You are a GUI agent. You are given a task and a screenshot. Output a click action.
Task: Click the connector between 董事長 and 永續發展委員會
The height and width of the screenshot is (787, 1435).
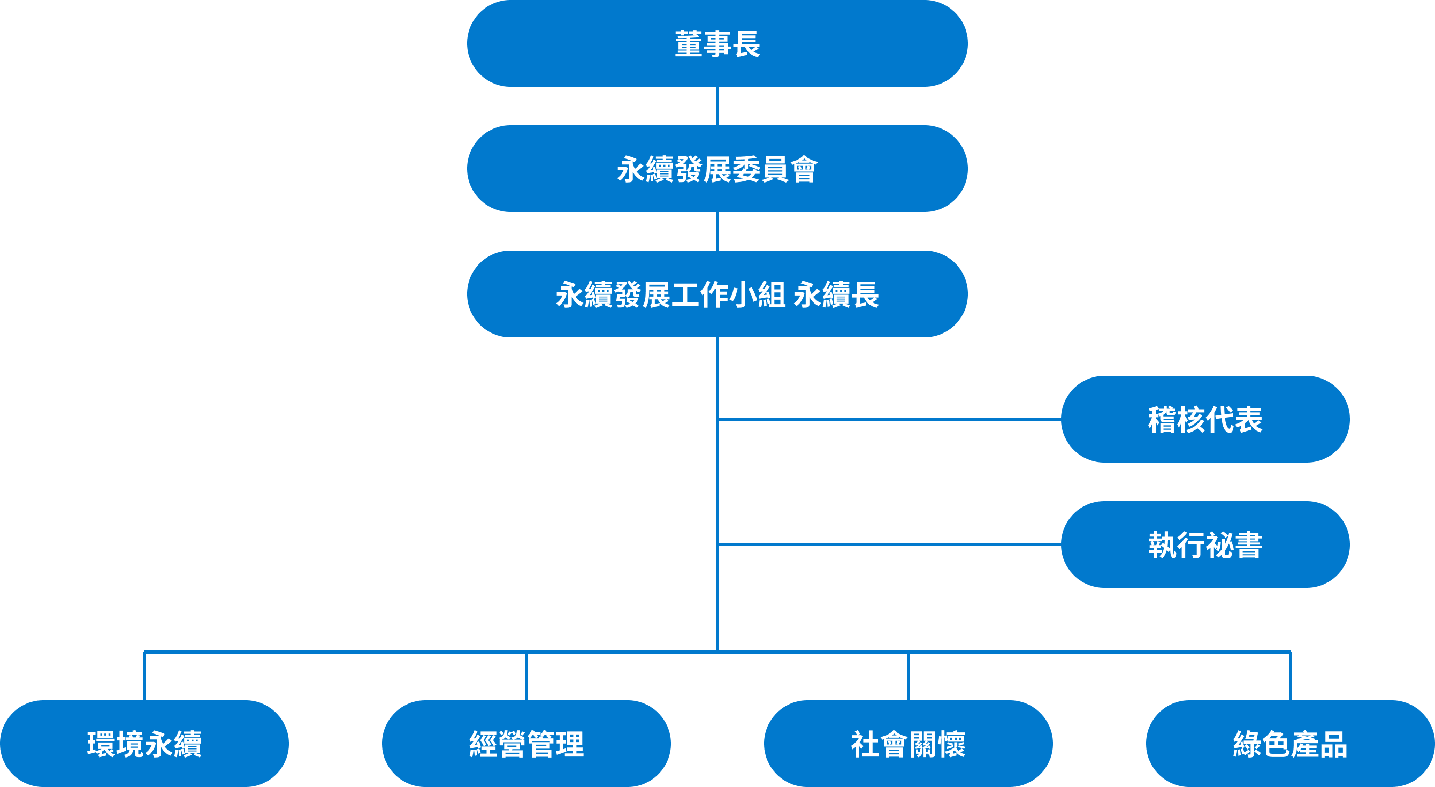point(717,106)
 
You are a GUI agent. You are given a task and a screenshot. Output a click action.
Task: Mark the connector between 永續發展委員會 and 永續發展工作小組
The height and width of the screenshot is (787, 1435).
point(717,231)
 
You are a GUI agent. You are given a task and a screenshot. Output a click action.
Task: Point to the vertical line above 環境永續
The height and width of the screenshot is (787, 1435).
point(144,676)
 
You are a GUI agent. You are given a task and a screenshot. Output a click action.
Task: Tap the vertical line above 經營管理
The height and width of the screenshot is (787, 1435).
point(526,676)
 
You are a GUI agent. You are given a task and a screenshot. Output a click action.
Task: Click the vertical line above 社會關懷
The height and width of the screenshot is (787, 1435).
point(908,676)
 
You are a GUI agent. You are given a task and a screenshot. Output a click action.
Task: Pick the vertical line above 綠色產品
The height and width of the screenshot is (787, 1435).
point(1290,676)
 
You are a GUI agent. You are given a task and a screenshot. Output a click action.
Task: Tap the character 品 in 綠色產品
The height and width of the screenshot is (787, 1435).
point(1333,744)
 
